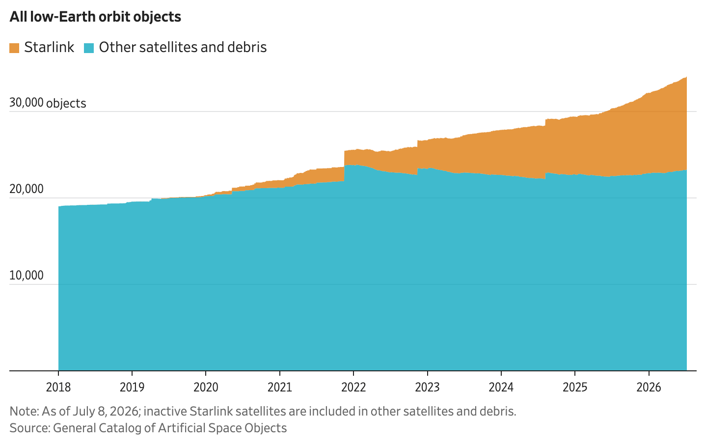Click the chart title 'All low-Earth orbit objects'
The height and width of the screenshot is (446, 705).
[x=95, y=17]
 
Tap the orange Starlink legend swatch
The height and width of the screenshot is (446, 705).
[x=14, y=48]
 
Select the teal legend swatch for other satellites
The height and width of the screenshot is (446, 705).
[x=89, y=48]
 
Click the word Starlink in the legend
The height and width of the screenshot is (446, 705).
[x=49, y=47]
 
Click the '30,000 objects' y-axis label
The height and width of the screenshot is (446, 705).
[x=48, y=103]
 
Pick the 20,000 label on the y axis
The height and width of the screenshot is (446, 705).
[x=27, y=189]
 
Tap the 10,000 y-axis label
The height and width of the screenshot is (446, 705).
[x=27, y=276]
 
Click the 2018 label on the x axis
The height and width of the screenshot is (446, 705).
[x=58, y=387]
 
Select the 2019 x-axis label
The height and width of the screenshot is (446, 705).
[x=132, y=387]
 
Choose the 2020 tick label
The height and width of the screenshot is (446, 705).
[x=206, y=387]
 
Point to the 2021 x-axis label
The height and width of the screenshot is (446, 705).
[x=280, y=387]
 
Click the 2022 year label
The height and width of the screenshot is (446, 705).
[x=354, y=387]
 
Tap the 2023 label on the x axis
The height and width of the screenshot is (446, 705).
[x=428, y=387]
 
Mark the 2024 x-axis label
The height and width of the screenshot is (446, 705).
[x=501, y=387]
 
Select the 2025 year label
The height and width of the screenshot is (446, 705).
[x=575, y=387]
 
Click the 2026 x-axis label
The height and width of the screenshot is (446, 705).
[x=649, y=387]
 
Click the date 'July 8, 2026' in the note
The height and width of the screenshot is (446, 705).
[x=106, y=411]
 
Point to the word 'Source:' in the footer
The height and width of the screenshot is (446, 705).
[x=30, y=428]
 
